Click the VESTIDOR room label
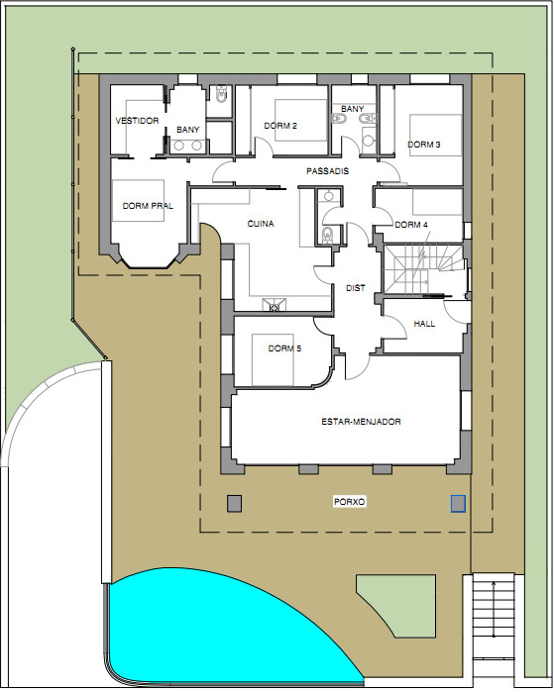[x=137, y=121]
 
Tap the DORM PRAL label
[x=148, y=206]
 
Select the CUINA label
[x=261, y=224]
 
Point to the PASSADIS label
[x=328, y=171]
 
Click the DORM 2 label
[x=280, y=126]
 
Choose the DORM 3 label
[x=423, y=145]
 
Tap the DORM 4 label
[x=411, y=225]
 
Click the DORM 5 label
[x=285, y=348]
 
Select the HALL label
[x=424, y=324]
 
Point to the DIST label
[x=356, y=288]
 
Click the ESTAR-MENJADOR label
[x=361, y=422]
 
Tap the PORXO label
[x=350, y=502]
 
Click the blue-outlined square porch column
[x=458, y=504]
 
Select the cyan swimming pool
[x=221, y=636]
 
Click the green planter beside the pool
[x=406, y=600]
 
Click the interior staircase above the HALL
[x=424, y=269]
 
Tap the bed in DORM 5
[x=273, y=359]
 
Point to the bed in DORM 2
[x=301, y=120]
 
